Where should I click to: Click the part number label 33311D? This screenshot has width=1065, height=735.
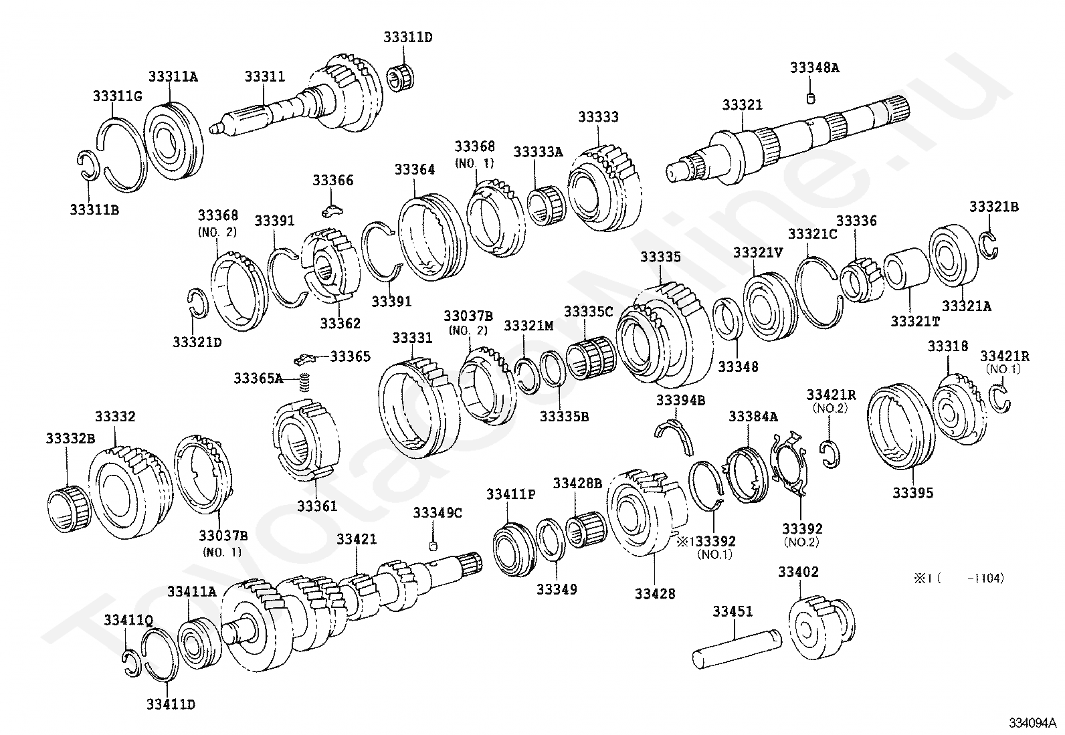click(407, 37)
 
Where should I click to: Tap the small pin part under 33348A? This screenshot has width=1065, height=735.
click(811, 99)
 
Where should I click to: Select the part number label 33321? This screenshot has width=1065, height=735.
click(742, 105)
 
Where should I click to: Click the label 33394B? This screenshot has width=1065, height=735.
click(680, 401)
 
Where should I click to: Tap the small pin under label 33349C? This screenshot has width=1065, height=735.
click(433, 546)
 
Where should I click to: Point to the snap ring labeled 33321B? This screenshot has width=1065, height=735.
click(990, 244)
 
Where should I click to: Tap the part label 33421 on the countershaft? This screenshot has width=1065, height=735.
click(356, 539)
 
